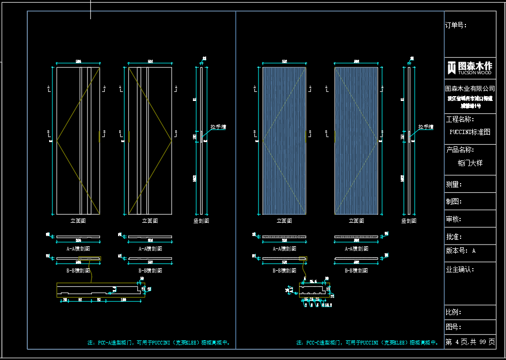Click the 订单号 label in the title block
[456, 25]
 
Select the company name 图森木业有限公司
[470, 89]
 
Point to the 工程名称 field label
[460, 119]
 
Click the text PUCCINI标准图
[470, 132]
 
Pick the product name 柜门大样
[470, 163]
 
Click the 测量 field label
[454, 184]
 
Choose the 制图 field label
[454, 201]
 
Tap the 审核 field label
[454, 219]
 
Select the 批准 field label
[454, 237]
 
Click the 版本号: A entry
[460, 251]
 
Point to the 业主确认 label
[460, 270]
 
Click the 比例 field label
[454, 312]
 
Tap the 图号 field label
[454, 327]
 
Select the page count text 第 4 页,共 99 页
[470, 342]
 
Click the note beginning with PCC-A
[159, 342]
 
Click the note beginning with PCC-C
[368, 342]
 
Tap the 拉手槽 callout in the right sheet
[426, 127]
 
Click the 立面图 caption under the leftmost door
[78, 220]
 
